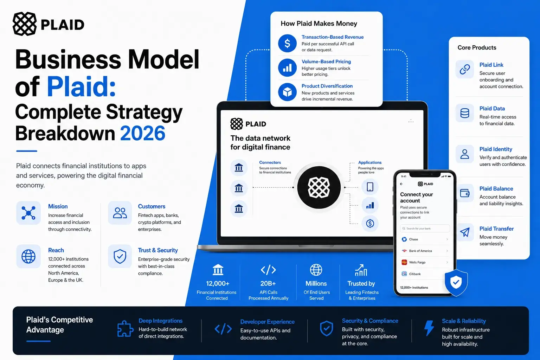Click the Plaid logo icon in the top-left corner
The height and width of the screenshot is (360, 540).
[x=25, y=24]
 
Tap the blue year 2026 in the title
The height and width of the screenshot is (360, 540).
[x=142, y=133]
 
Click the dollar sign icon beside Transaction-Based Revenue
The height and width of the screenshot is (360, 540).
[x=287, y=43]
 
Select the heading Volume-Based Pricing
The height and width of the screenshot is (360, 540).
[x=326, y=62]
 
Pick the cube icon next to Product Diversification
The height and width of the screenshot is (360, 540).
[x=287, y=92]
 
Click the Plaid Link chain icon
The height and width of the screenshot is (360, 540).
[x=464, y=70]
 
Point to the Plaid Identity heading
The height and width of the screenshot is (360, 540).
[x=496, y=149]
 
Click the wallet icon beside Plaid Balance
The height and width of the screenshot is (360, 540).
[x=464, y=193]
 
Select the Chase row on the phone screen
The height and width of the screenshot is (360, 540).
[x=425, y=239]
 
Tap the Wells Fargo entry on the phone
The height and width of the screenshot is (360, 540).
[x=425, y=262]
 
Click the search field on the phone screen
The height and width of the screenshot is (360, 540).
[x=425, y=229]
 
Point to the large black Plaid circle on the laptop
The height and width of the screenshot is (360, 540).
[x=319, y=187]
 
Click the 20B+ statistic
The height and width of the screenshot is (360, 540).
[x=268, y=284]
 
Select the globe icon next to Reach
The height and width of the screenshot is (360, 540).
[x=28, y=256]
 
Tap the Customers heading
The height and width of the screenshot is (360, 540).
[x=152, y=206]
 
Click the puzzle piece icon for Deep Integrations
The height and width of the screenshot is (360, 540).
[x=125, y=328]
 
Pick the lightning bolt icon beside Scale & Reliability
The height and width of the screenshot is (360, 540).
[x=429, y=328]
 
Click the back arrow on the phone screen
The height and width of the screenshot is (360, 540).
[x=401, y=184]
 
